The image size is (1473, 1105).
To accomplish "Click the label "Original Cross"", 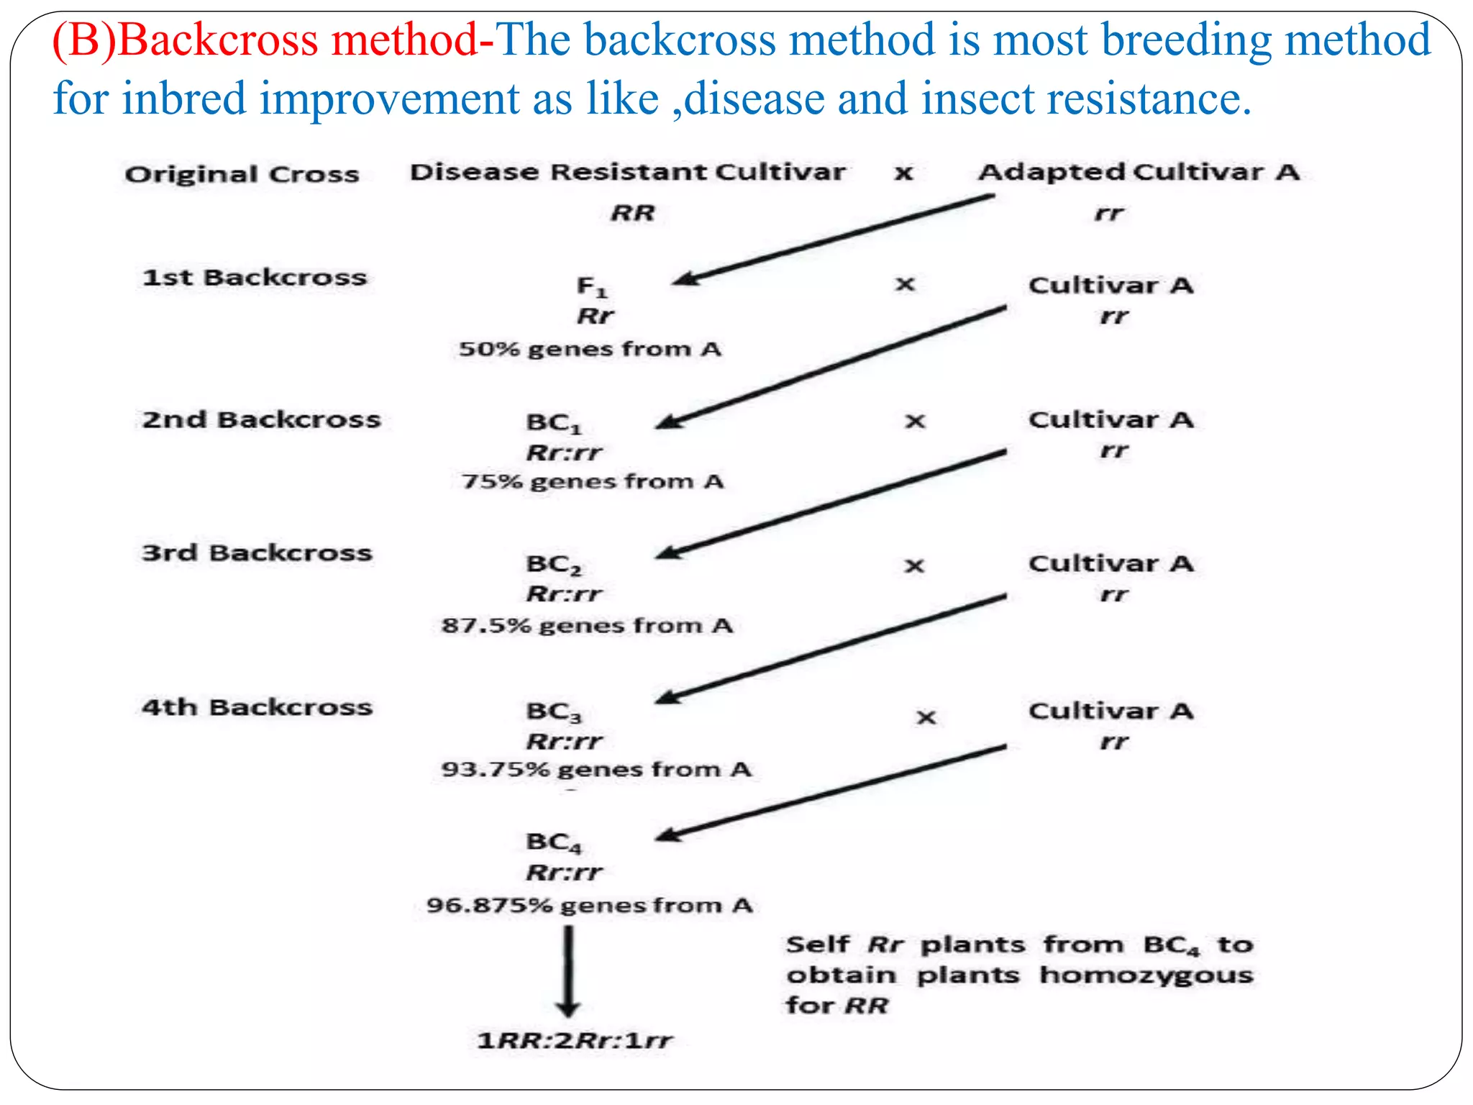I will [242, 174].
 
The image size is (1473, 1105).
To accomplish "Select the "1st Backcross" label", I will [255, 278].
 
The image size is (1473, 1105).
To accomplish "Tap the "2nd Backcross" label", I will [261, 419].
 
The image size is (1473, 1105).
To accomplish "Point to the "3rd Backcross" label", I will [257, 552].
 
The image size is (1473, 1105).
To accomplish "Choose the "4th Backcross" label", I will [257, 707].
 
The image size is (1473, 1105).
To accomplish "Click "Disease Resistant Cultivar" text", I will [627, 173].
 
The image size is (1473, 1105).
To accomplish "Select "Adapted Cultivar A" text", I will [1139, 173].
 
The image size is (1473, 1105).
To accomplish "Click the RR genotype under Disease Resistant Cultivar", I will [633, 213].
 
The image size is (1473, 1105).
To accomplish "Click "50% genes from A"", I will [590, 350].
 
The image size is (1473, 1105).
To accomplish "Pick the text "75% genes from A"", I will [592, 481].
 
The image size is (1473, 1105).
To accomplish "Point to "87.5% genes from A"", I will [587, 626].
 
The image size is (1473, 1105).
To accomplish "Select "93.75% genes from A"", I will [596, 770].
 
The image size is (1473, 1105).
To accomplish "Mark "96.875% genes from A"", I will [589, 905].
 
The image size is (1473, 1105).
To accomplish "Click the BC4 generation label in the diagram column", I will [553, 842].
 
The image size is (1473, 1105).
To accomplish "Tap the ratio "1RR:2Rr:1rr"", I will [575, 1040].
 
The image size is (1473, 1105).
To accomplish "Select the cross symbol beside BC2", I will [914, 566].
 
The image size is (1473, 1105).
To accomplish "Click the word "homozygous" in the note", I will [1146, 976].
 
